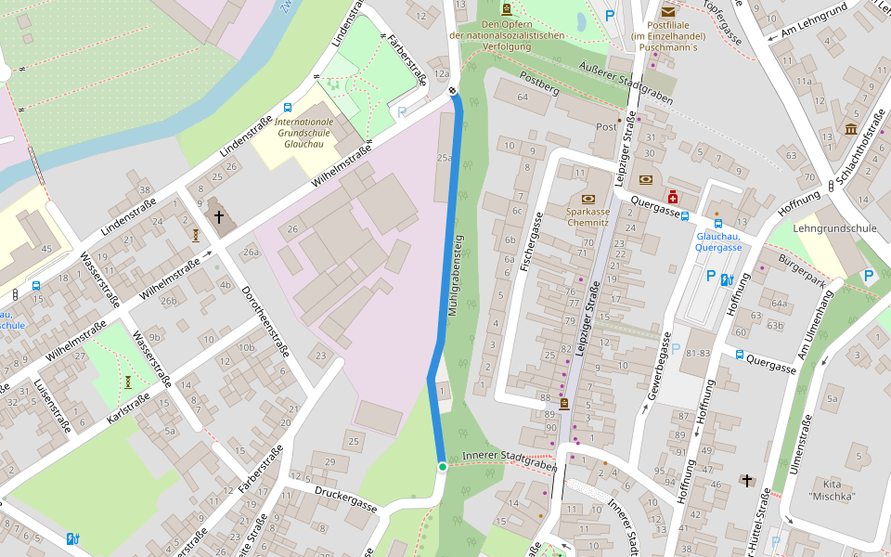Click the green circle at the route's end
pyautogui.click(x=443, y=466)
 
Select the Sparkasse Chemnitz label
pyautogui.click(x=588, y=216)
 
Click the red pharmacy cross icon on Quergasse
pyautogui.click(x=672, y=198)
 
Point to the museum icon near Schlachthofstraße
pyautogui.click(x=850, y=129)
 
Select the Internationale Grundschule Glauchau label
pyautogui.click(x=303, y=133)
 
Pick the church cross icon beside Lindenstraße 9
pyautogui.click(x=219, y=217)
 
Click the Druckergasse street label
pyautogui.click(x=345, y=499)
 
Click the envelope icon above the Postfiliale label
pyautogui.click(x=668, y=11)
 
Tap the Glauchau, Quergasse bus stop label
pyautogui.click(x=718, y=241)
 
